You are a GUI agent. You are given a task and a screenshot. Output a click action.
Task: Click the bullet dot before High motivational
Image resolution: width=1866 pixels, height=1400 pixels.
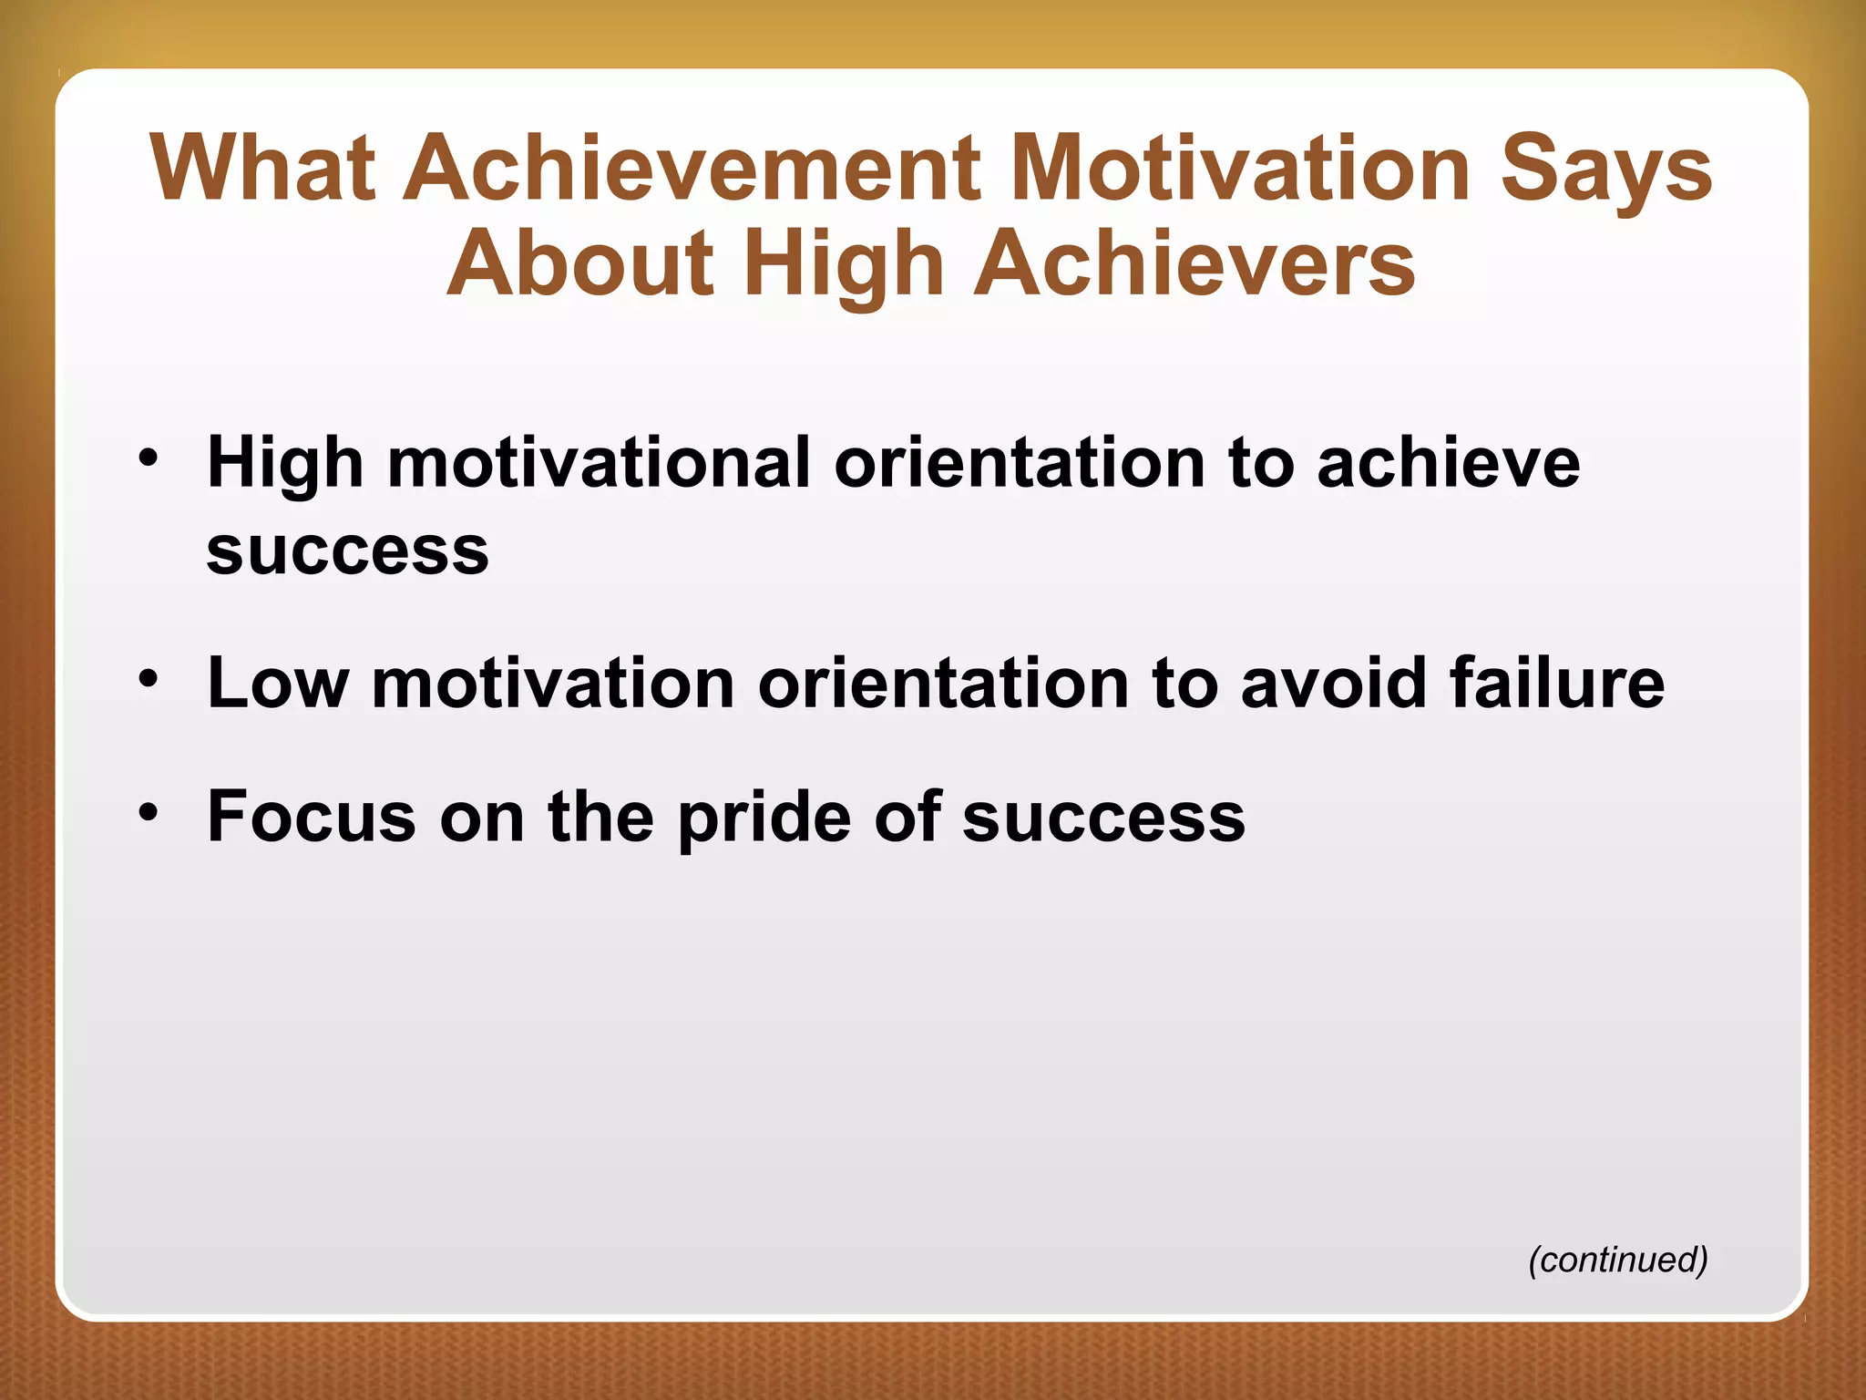(x=149, y=456)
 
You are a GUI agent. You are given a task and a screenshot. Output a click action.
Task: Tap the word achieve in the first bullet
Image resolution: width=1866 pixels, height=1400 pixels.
(x=1448, y=463)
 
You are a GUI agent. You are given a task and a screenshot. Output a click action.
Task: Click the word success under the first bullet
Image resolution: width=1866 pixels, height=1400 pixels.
(x=347, y=551)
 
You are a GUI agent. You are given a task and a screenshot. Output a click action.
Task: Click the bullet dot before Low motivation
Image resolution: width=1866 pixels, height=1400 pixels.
(x=149, y=677)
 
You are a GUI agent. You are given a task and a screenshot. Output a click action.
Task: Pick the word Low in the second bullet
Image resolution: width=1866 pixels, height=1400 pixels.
(x=278, y=684)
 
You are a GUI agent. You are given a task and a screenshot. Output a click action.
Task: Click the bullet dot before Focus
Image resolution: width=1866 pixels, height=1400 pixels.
(x=149, y=809)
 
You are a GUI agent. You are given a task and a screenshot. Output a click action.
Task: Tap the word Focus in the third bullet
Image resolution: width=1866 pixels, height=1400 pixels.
(x=312, y=817)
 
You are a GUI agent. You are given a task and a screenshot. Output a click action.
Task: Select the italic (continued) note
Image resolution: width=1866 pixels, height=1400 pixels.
(x=1617, y=1259)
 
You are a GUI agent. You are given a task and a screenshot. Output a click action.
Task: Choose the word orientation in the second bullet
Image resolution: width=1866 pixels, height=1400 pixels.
(x=943, y=684)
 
